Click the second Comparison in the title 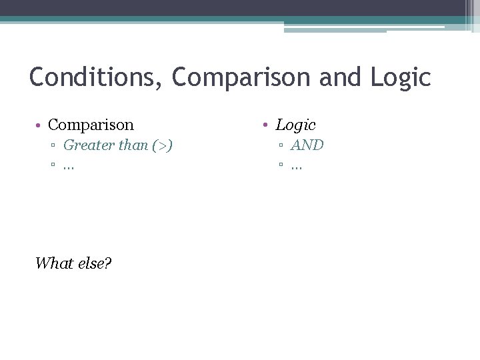241,77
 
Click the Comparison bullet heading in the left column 91,125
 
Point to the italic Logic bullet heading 295,125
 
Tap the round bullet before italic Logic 266,125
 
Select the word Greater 88,145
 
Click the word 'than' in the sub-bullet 133,145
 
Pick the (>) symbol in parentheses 163,145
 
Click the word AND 307,145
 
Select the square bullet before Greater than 53,146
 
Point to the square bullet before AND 281,146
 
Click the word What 53,263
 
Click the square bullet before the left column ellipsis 53,166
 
